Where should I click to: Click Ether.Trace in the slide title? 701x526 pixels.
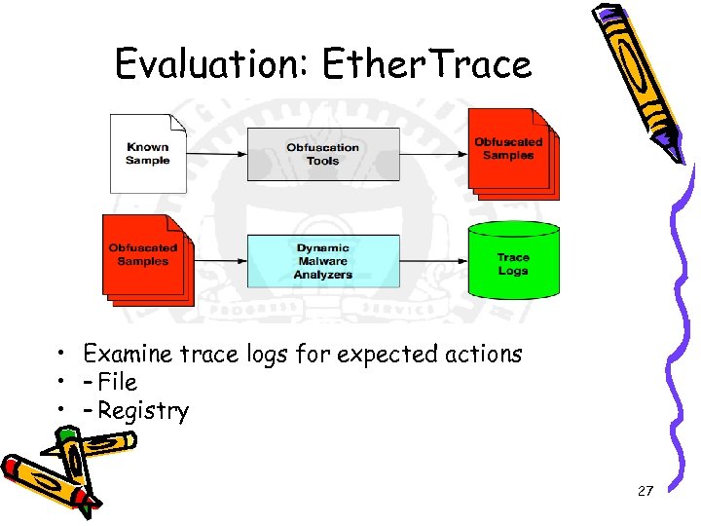pos(426,64)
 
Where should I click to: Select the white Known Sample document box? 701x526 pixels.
pos(147,153)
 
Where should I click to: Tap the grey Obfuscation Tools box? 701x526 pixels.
pos(323,154)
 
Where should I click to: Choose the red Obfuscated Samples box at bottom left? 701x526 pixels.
pos(143,255)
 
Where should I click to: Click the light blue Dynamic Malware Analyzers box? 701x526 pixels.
pos(323,261)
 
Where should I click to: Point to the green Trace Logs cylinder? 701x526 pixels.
pos(513,261)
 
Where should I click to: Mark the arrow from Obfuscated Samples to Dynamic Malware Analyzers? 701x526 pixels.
pos(220,261)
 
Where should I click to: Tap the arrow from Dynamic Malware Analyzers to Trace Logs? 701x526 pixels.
pos(434,261)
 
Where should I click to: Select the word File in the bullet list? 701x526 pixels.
pos(117,382)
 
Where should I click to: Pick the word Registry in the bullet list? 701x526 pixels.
pos(142,410)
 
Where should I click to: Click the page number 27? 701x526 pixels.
pos(645,491)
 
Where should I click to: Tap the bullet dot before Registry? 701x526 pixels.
pos(60,411)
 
